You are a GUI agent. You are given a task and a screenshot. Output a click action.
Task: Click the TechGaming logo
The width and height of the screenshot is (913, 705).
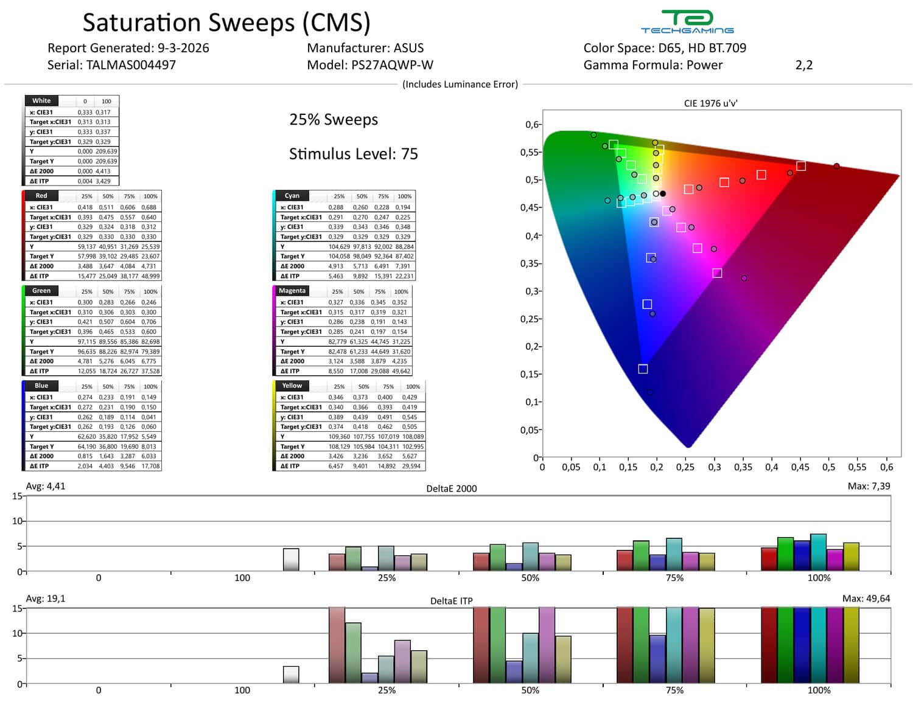tap(687, 22)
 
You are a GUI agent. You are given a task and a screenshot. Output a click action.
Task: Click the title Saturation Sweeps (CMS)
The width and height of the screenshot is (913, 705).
tap(226, 23)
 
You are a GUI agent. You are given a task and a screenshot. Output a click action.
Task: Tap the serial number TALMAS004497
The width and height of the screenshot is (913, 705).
tap(131, 65)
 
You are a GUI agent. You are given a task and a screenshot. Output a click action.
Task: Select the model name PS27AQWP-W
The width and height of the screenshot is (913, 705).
tap(392, 65)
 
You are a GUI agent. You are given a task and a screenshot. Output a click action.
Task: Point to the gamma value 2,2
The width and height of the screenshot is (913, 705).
tap(803, 65)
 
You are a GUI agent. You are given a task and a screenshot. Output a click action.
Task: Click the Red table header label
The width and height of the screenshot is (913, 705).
tap(41, 196)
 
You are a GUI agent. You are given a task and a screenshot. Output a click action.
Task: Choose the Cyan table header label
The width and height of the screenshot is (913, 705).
tap(292, 196)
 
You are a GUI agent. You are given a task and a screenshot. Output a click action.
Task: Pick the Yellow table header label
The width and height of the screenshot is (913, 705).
tap(292, 386)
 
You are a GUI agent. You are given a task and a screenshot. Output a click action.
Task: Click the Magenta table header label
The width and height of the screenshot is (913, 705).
tap(292, 291)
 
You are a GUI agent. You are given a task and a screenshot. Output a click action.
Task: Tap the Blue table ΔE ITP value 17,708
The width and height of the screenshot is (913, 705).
tap(150, 466)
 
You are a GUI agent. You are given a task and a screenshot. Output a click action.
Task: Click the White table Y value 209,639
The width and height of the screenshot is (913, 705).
tap(107, 151)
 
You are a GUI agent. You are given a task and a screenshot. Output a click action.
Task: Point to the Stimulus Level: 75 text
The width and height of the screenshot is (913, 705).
tap(353, 154)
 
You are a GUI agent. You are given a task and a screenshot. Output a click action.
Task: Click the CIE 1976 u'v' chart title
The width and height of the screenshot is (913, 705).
tap(710, 103)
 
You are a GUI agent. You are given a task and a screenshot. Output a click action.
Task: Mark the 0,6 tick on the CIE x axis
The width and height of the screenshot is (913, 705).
tap(886, 467)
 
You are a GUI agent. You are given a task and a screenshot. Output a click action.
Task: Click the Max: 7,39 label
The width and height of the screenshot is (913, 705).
tap(869, 486)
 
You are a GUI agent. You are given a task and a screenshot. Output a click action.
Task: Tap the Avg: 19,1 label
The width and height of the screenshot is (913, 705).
tap(46, 599)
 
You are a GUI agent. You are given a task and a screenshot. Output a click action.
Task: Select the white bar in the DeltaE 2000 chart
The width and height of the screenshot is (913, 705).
tap(291, 560)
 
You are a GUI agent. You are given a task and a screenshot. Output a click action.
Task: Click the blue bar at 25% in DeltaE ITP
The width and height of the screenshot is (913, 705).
tap(369, 678)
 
